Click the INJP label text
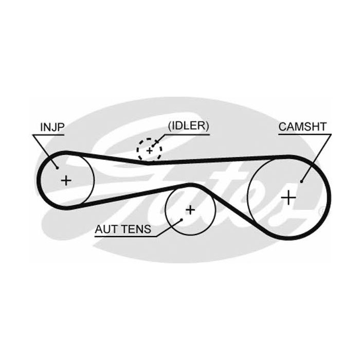coord(50,126)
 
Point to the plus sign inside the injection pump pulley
coord(66,180)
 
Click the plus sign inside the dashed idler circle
coord(149,151)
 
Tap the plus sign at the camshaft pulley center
coord(290,197)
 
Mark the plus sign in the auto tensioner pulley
coord(190,209)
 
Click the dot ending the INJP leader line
coord(56,166)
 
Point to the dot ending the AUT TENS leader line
coord(181,220)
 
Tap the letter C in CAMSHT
coord(282,126)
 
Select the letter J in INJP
coord(52,126)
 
